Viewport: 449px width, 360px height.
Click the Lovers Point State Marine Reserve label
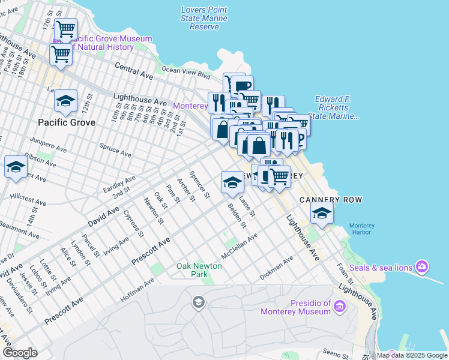click(204, 18)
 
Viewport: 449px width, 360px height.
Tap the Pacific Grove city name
click(67, 122)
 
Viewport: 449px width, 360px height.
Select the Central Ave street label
click(133, 70)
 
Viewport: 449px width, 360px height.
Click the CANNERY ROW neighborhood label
click(324, 199)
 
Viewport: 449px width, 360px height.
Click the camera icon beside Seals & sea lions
click(422, 266)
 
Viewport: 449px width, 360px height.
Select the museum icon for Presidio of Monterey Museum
click(340, 307)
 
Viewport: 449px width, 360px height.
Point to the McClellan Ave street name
click(239, 246)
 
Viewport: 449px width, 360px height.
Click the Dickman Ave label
click(276, 268)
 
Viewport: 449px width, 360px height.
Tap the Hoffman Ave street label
click(137, 289)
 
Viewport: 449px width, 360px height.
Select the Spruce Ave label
click(116, 150)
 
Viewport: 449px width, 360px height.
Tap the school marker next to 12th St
click(65, 101)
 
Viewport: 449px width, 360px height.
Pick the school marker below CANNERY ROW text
click(322, 213)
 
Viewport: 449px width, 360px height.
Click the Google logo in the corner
click(20, 353)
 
